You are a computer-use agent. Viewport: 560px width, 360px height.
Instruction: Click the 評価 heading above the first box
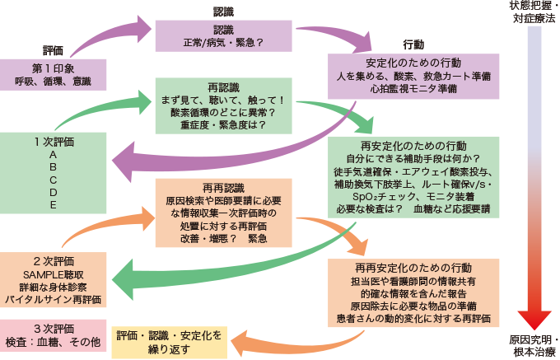coord(54,51)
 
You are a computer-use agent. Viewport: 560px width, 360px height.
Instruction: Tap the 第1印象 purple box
coord(54,74)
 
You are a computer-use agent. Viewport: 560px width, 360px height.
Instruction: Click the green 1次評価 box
coord(53,171)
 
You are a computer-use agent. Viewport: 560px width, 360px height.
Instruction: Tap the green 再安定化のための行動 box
coord(415,177)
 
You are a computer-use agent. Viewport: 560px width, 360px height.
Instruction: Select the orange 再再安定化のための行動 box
coord(413,293)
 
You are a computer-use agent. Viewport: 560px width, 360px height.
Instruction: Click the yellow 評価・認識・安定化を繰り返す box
coord(170,341)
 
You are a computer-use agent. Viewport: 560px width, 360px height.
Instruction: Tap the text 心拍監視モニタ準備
coord(413,87)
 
